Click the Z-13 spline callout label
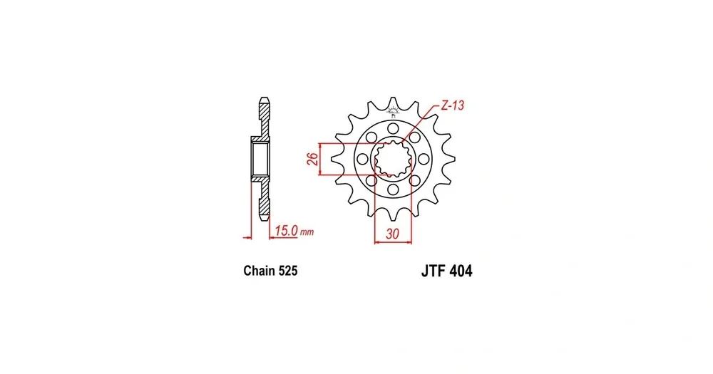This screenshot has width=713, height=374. click(453, 106)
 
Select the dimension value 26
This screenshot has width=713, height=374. click(312, 159)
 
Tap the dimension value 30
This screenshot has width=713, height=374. click(392, 234)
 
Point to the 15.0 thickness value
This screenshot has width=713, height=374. click(287, 231)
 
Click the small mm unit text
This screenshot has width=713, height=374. click(307, 233)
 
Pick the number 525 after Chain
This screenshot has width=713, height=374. click(288, 271)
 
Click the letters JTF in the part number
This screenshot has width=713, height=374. click(434, 271)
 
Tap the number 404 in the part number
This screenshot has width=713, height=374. click(461, 271)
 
